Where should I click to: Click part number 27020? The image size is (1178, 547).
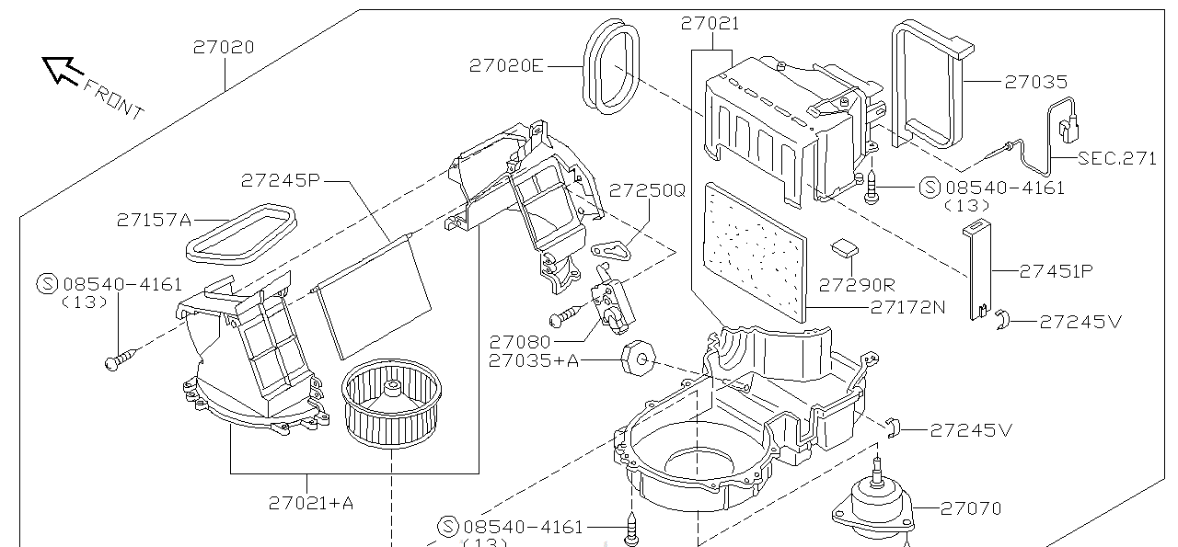pos(224,47)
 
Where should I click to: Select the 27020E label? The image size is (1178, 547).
pos(506,65)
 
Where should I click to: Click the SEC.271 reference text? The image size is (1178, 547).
pos(1117,158)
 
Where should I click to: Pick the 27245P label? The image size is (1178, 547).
pos(281,180)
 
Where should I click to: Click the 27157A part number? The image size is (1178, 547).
pos(154,220)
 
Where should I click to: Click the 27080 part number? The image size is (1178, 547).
pos(520,341)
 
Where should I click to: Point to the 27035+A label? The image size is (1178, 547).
pos(534,360)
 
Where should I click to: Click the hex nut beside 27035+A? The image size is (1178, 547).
pos(637,358)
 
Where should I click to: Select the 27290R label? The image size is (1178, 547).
pos(857,284)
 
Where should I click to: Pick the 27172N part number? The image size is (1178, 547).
pos(908,307)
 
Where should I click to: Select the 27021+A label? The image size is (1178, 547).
pos(311,502)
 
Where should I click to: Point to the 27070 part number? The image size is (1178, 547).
pos(970,507)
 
